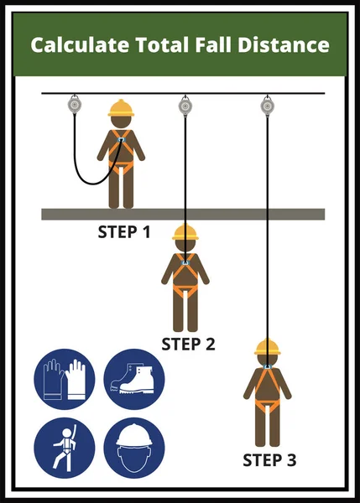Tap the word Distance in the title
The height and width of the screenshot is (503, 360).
coord(283,44)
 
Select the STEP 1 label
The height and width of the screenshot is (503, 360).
coord(123,231)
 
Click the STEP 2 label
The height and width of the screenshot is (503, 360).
coord(188,343)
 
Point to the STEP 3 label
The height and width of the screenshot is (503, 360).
coord(269,459)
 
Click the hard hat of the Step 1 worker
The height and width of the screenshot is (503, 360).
coord(121,108)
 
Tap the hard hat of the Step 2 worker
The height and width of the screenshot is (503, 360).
coord(185,233)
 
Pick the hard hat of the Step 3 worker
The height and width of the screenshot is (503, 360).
coord(267,346)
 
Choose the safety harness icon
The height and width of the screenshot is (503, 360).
coord(64,448)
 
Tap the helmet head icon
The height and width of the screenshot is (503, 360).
coord(134,448)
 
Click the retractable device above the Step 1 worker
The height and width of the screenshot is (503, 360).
coord(73,105)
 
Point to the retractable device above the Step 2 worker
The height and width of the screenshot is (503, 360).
coord(185,105)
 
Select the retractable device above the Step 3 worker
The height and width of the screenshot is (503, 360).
coord(267,105)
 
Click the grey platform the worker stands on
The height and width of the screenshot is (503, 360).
coord(252,214)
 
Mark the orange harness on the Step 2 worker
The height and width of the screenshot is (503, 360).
coord(185,277)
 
